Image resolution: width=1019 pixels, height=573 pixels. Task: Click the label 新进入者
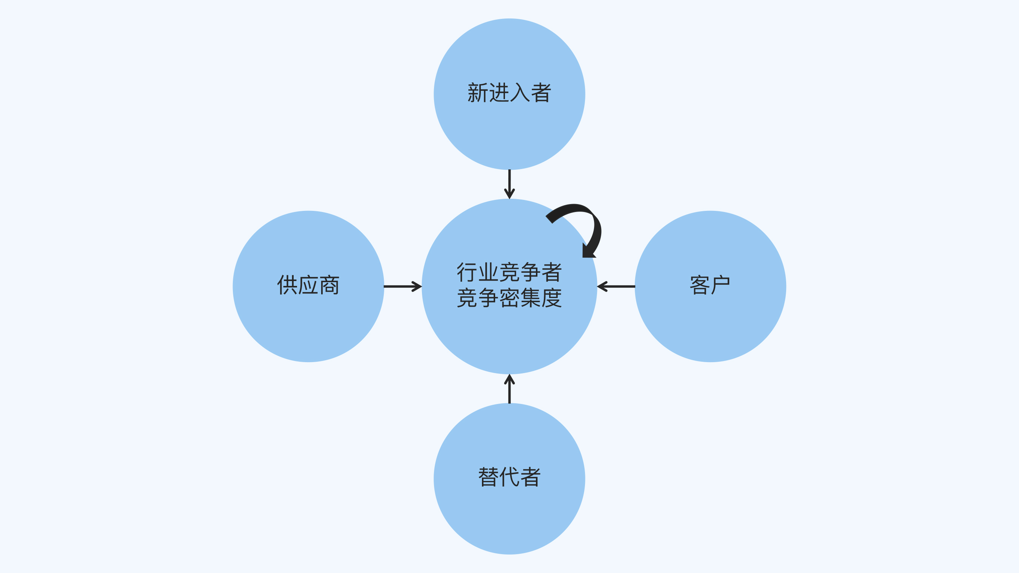tap(509, 93)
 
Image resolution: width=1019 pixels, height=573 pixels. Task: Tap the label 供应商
tap(308, 285)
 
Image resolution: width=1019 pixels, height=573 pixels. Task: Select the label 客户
tap(710, 285)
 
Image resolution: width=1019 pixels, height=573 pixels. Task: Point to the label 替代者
tap(509, 477)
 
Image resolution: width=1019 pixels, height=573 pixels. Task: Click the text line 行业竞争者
tap(509, 272)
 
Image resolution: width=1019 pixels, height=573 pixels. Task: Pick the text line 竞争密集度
tap(509, 298)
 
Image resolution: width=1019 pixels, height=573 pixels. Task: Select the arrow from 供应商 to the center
tap(402, 286)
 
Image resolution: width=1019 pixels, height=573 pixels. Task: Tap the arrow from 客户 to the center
tap(616, 286)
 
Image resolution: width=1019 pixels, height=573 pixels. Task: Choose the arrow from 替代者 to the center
tap(509, 390)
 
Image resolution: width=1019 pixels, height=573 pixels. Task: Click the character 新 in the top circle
tap(477, 93)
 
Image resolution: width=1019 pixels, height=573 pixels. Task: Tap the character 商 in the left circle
tap(329, 285)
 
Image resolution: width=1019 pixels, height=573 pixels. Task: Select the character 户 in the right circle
tap(720, 285)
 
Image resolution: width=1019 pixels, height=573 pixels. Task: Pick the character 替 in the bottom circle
tap(488, 477)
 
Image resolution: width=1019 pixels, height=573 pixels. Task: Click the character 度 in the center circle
tap(551, 298)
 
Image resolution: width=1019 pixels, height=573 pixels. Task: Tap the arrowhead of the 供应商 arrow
tap(417, 286)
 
